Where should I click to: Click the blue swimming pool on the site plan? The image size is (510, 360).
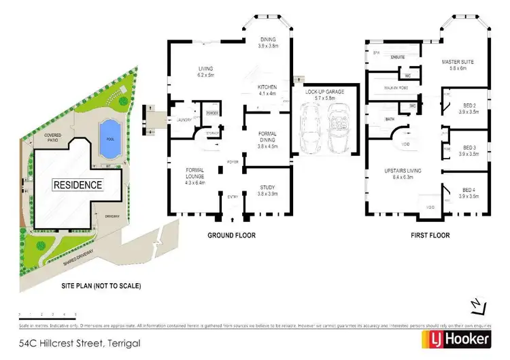[x=107, y=131]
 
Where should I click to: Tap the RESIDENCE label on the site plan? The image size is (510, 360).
[x=78, y=184]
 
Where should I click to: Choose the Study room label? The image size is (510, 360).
[x=267, y=191]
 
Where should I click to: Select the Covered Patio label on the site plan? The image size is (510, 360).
[x=53, y=138]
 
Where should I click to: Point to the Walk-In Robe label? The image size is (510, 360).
[x=385, y=87]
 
